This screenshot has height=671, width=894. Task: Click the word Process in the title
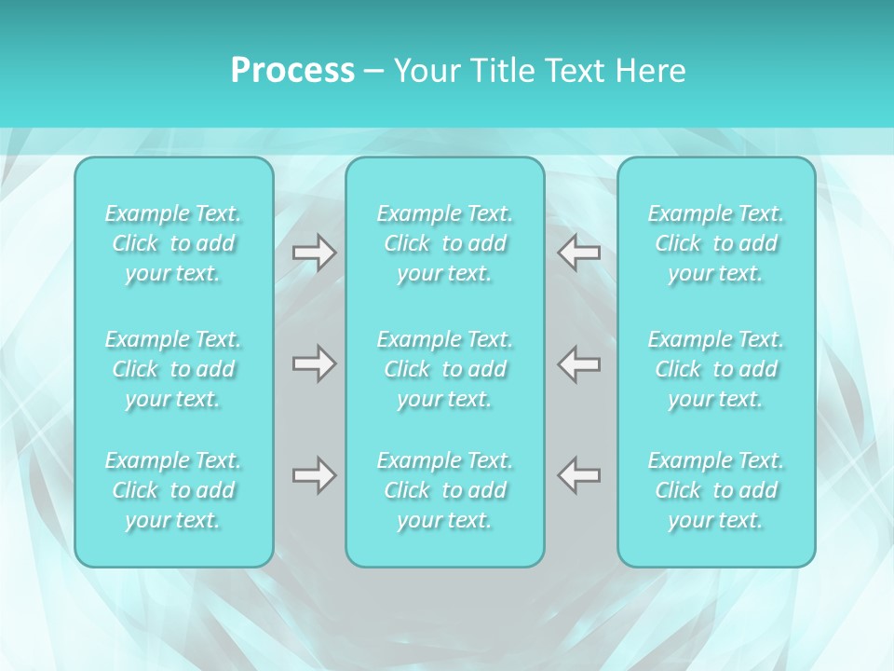coord(292,71)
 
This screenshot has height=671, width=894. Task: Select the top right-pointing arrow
coord(314,253)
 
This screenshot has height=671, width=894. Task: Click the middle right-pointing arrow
coord(314,363)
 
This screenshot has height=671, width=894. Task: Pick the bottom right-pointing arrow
coord(314,475)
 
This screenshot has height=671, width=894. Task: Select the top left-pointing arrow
coord(579,253)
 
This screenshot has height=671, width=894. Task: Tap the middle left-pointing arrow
coord(579,363)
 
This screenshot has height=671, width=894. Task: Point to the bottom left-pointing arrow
coord(579,475)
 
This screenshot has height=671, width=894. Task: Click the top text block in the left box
coord(173,243)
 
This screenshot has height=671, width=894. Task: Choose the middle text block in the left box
coord(173,369)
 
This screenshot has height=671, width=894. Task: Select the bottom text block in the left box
coord(173,490)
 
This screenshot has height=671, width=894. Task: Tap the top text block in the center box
coord(445,243)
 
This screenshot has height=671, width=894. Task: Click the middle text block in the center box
coord(445,369)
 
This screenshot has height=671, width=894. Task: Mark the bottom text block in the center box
coord(445,490)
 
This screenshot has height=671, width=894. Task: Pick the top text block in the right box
coord(716,243)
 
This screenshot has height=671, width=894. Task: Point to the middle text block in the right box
coord(716,369)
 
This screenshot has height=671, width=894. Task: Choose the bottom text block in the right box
coord(716,490)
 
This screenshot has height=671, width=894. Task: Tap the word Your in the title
coord(424,71)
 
